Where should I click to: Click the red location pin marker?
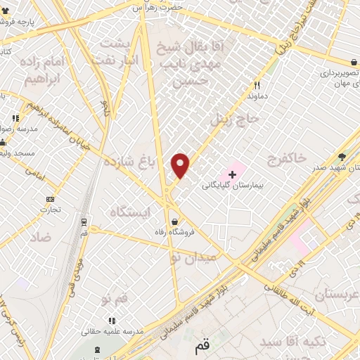tap(181, 165)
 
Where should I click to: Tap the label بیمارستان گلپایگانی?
tap(232, 186)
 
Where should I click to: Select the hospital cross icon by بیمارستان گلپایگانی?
tap(233, 173)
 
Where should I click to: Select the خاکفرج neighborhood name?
tap(283, 159)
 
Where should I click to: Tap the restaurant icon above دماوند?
tap(257, 84)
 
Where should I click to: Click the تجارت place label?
tap(50, 210)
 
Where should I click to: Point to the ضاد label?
tap(40, 238)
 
